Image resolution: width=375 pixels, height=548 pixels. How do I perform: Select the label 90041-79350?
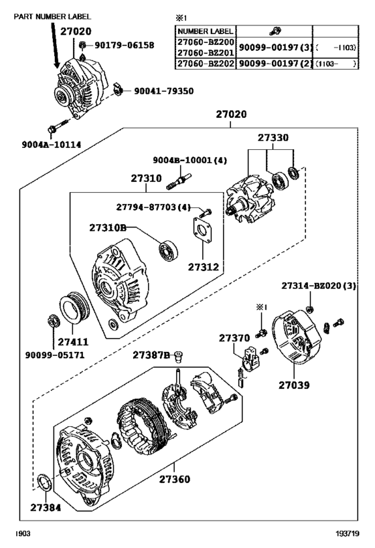164,90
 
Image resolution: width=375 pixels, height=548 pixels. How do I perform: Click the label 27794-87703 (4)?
155,207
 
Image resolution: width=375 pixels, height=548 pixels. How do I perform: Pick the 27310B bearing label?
108,227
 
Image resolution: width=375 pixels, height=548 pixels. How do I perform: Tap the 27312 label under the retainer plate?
203,266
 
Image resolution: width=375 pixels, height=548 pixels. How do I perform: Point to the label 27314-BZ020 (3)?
319,286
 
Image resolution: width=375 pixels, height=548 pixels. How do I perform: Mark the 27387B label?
150,354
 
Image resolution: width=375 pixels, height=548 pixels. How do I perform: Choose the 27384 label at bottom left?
45,508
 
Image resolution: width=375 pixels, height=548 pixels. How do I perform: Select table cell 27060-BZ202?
204,64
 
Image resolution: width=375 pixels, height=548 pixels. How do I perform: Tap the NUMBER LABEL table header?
205,31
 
